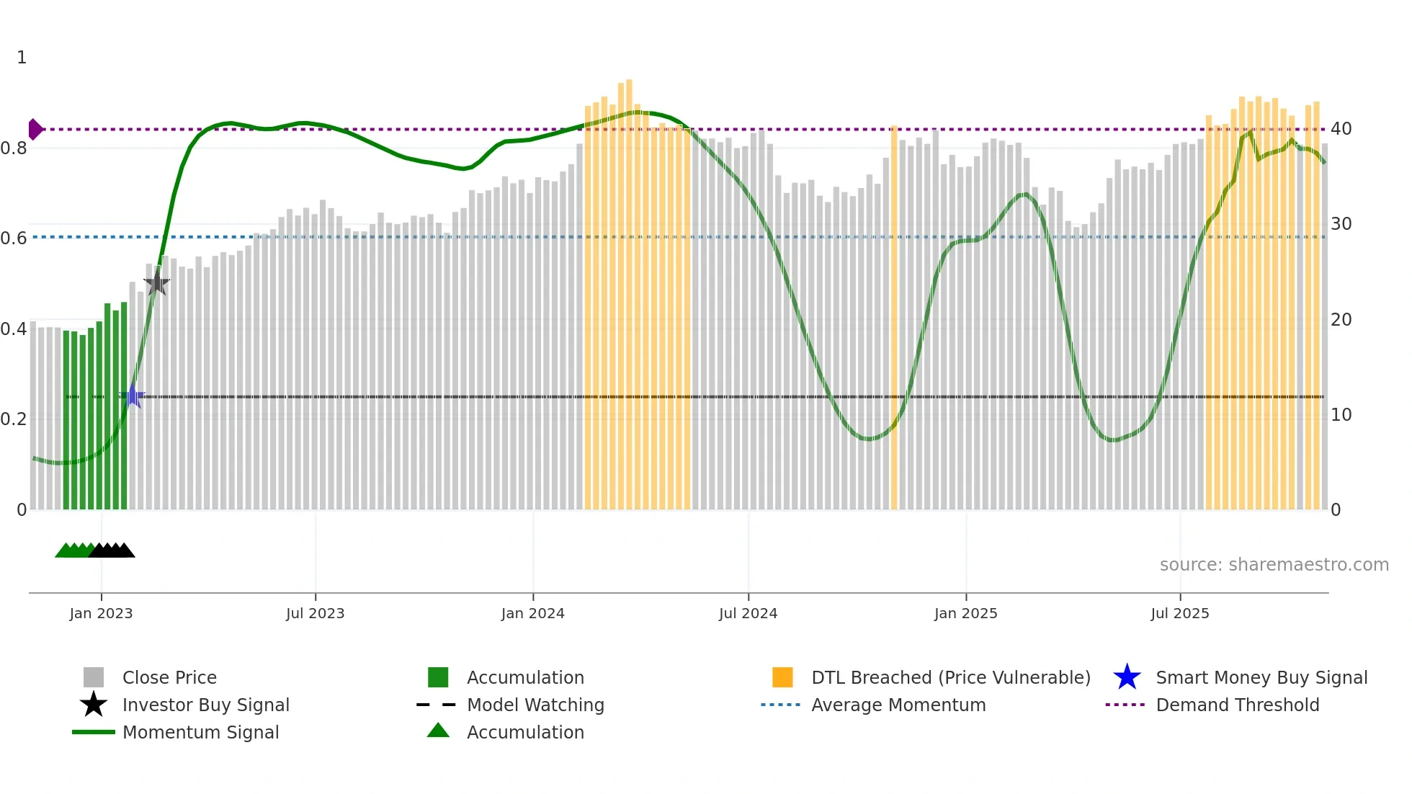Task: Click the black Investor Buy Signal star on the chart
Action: pyautogui.click(x=156, y=283)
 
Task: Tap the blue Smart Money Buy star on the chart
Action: pyautogui.click(x=133, y=396)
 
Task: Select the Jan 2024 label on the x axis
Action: pyautogui.click(x=532, y=613)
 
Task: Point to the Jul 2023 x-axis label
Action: pyautogui.click(x=315, y=613)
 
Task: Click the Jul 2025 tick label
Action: pyautogui.click(x=1179, y=613)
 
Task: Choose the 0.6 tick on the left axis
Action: pyautogui.click(x=14, y=238)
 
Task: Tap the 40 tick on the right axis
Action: pyautogui.click(x=1341, y=129)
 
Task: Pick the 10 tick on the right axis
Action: pyautogui.click(x=1341, y=415)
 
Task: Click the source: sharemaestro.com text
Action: pyautogui.click(x=1274, y=565)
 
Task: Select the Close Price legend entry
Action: pyautogui.click(x=169, y=677)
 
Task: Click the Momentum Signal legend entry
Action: pyautogui.click(x=200, y=732)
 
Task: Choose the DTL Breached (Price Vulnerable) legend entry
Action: pyautogui.click(x=950, y=677)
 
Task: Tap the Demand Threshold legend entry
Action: pyautogui.click(x=1237, y=705)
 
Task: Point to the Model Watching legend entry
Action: pyautogui.click(x=535, y=705)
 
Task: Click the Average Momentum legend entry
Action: pyautogui.click(x=898, y=705)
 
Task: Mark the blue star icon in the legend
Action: pyautogui.click(x=1127, y=677)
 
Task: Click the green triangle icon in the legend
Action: pyautogui.click(x=438, y=731)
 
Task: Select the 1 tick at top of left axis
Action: pyautogui.click(x=22, y=58)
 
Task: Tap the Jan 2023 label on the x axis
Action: pyautogui.click(x=101, y=613)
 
